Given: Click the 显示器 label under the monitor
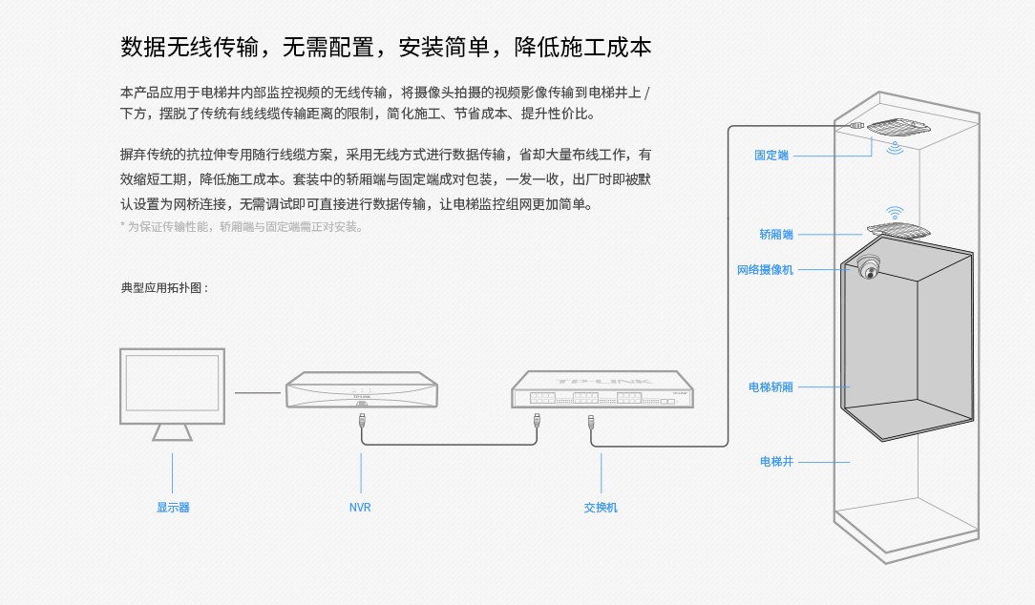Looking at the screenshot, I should (x=173, y=508).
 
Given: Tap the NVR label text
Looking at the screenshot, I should (x=360, y=508).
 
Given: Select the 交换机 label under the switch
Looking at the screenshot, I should (x=601, y=508).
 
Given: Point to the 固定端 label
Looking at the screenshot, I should (x=771, y=156).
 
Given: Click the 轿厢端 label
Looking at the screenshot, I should (x=775, y=234).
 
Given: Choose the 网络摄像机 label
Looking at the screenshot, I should (x=765, y=270).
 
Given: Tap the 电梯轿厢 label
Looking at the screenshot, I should (x=771, y=387).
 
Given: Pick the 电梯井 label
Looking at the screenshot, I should (x=775, y=462).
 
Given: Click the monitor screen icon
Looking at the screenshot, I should (x=172, y=386).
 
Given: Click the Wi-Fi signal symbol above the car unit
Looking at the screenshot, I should (x=895, y=212).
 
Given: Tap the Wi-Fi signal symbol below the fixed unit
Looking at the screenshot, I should (x=896, y=148).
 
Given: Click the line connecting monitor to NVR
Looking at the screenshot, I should (x=258, y=391).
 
